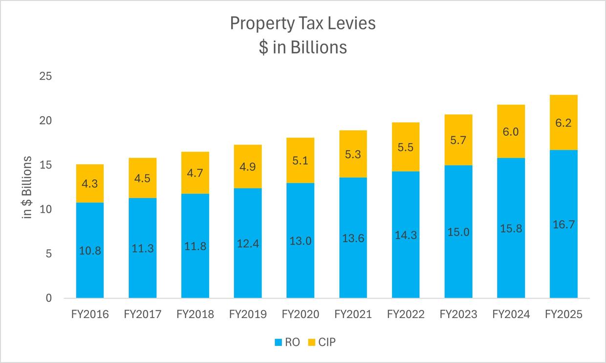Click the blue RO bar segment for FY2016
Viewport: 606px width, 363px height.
[x=90, y=274]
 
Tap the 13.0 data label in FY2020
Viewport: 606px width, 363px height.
[x=301, y=241]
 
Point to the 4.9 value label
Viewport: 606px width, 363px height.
[x=248, y=167]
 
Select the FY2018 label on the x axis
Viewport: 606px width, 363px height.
[x=195, y=314]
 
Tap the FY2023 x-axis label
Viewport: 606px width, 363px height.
[x=458, y=314]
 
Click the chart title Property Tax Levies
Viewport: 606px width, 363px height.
[x=303, y=23]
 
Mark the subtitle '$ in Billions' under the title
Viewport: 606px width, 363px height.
[x=303, y=47]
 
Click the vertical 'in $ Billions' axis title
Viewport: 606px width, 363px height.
[x=28, y=187]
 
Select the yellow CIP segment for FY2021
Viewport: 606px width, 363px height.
[x=353, y=154]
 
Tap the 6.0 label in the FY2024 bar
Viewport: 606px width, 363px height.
[x=511, y=131]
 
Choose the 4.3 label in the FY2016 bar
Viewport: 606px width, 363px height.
[x=90, y=184]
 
